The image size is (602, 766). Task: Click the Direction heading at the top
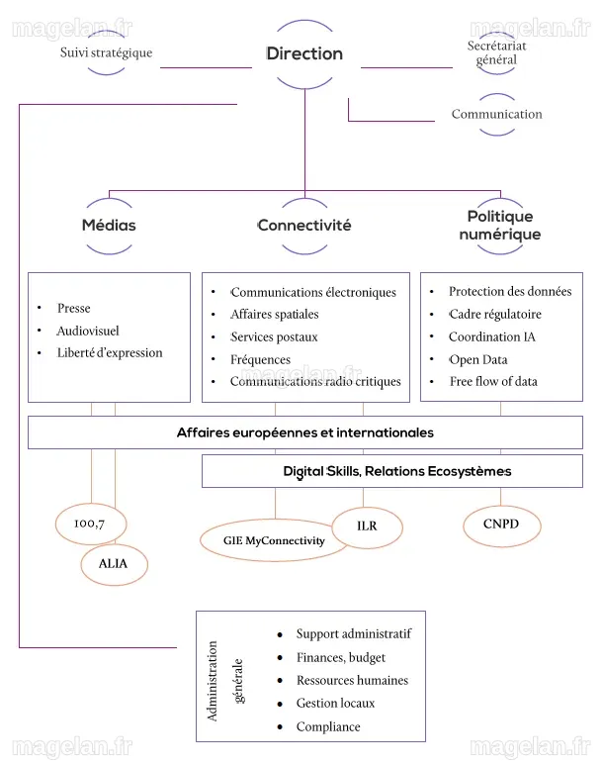tap(304, 53)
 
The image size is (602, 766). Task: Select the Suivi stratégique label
tap(106, 52)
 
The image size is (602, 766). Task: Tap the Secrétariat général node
tap(496, 52)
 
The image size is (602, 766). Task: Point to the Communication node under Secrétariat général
tap(496, 114)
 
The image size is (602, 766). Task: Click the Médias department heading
tap(109, 226)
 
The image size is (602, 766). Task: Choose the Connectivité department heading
tap(304, 226)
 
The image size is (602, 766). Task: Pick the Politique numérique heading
tap(500, 226)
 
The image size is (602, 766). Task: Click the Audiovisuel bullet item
tap(88, 331)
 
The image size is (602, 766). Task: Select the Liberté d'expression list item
tap(110, 352)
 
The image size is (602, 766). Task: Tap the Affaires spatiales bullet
tap(275, 314)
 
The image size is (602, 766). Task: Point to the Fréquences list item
tap(261, 359)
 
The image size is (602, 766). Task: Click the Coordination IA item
tap(491, 336)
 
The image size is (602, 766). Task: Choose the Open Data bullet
tap(478, 359)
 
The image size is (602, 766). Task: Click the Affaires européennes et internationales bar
tap(305, 432)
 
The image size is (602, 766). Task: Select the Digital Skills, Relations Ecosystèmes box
tap(392, 471)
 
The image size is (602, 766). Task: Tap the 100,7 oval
tap(91, 524)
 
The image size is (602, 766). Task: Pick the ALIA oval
tap(114, 564)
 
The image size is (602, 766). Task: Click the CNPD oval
tap(501, 526)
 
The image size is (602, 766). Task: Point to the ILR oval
tap(367, 527)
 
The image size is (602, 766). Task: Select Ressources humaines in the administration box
tap(352, 680)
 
